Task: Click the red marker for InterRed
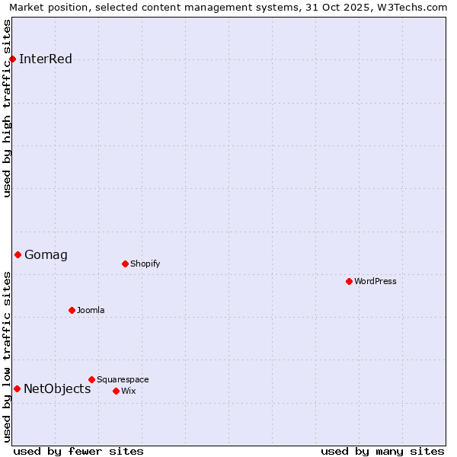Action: (x=12, y=59)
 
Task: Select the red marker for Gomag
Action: (x=18, y=254)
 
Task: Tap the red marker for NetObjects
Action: (x=17, y=388)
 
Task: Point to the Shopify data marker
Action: (x=125, y=264)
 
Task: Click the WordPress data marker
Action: (x=349, y=281)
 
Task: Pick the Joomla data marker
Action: (x=72, y=310)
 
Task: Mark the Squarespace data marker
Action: (x=91, y=379)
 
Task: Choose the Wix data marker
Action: (x=116, y=391)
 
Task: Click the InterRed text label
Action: (x=46, y=59)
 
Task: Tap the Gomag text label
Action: (x=46, y=255)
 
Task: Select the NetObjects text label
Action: (x=57, y=389)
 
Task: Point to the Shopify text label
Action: (x=145, y=264)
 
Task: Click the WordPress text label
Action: (x=376, y=282)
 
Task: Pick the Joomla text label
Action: (x=91, y=311)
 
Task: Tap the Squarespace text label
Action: (x=123, y=380)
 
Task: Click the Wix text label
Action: (x=128, y=391)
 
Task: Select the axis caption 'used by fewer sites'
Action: (x=78, y=452)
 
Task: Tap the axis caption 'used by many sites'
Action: (x=382, y=452)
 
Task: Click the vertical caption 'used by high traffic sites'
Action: (x=8, y=108)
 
